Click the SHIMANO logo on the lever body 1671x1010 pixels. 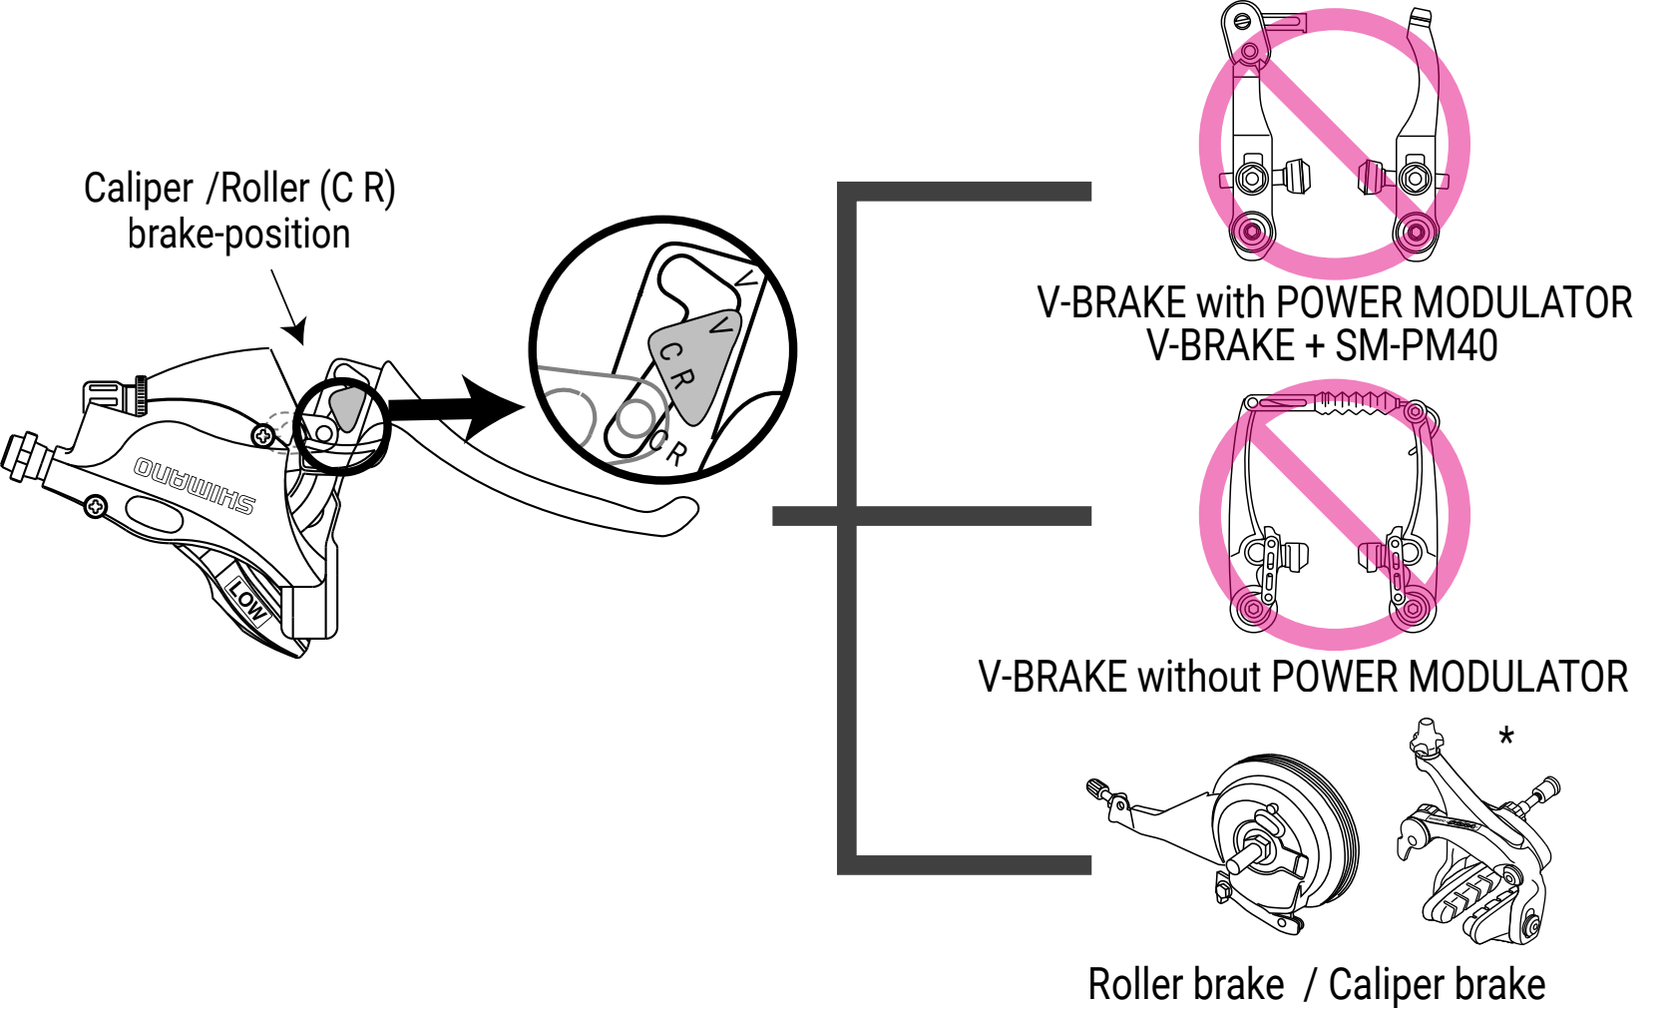[x=196, y=485]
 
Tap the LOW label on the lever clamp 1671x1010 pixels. [x=246, y=598]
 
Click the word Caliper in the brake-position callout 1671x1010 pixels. [x=139, y=189]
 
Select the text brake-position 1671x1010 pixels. [x=238, y=235]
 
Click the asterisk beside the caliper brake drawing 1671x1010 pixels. [x=1506, y=739]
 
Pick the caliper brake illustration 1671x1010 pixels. [x=1476, y=838]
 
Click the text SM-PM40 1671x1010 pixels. [x=1417, y=346]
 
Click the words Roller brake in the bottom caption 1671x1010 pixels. [x=1185, y=985]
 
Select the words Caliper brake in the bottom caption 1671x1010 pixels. [x=1437, y=985]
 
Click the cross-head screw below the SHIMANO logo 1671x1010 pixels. [x=96, y=506]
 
